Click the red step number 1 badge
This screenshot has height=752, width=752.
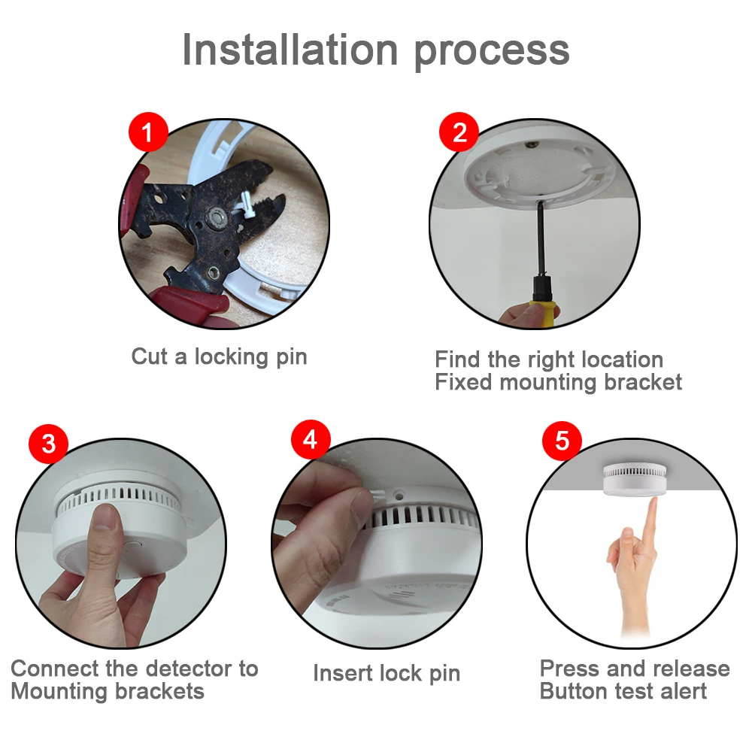(x=148, y=132)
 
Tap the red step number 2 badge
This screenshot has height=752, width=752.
(x=459, y=132)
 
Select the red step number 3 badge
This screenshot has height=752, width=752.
(x=48, y=444)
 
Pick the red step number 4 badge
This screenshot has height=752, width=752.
(x=311, y=440)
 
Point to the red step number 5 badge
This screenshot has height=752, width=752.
(x=562, y=441)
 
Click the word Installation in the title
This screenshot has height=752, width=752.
(x=290, y=50)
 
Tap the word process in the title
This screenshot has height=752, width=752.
(x=492, y=53)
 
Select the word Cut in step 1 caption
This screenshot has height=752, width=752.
(x=149, y=356)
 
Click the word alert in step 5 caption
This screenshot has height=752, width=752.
(x=684, y=692)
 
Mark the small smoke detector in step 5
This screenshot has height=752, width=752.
(x=634, y=480)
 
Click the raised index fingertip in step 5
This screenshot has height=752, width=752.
(x=652, y=502)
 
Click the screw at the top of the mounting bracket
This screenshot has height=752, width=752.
(x=531, y=144)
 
